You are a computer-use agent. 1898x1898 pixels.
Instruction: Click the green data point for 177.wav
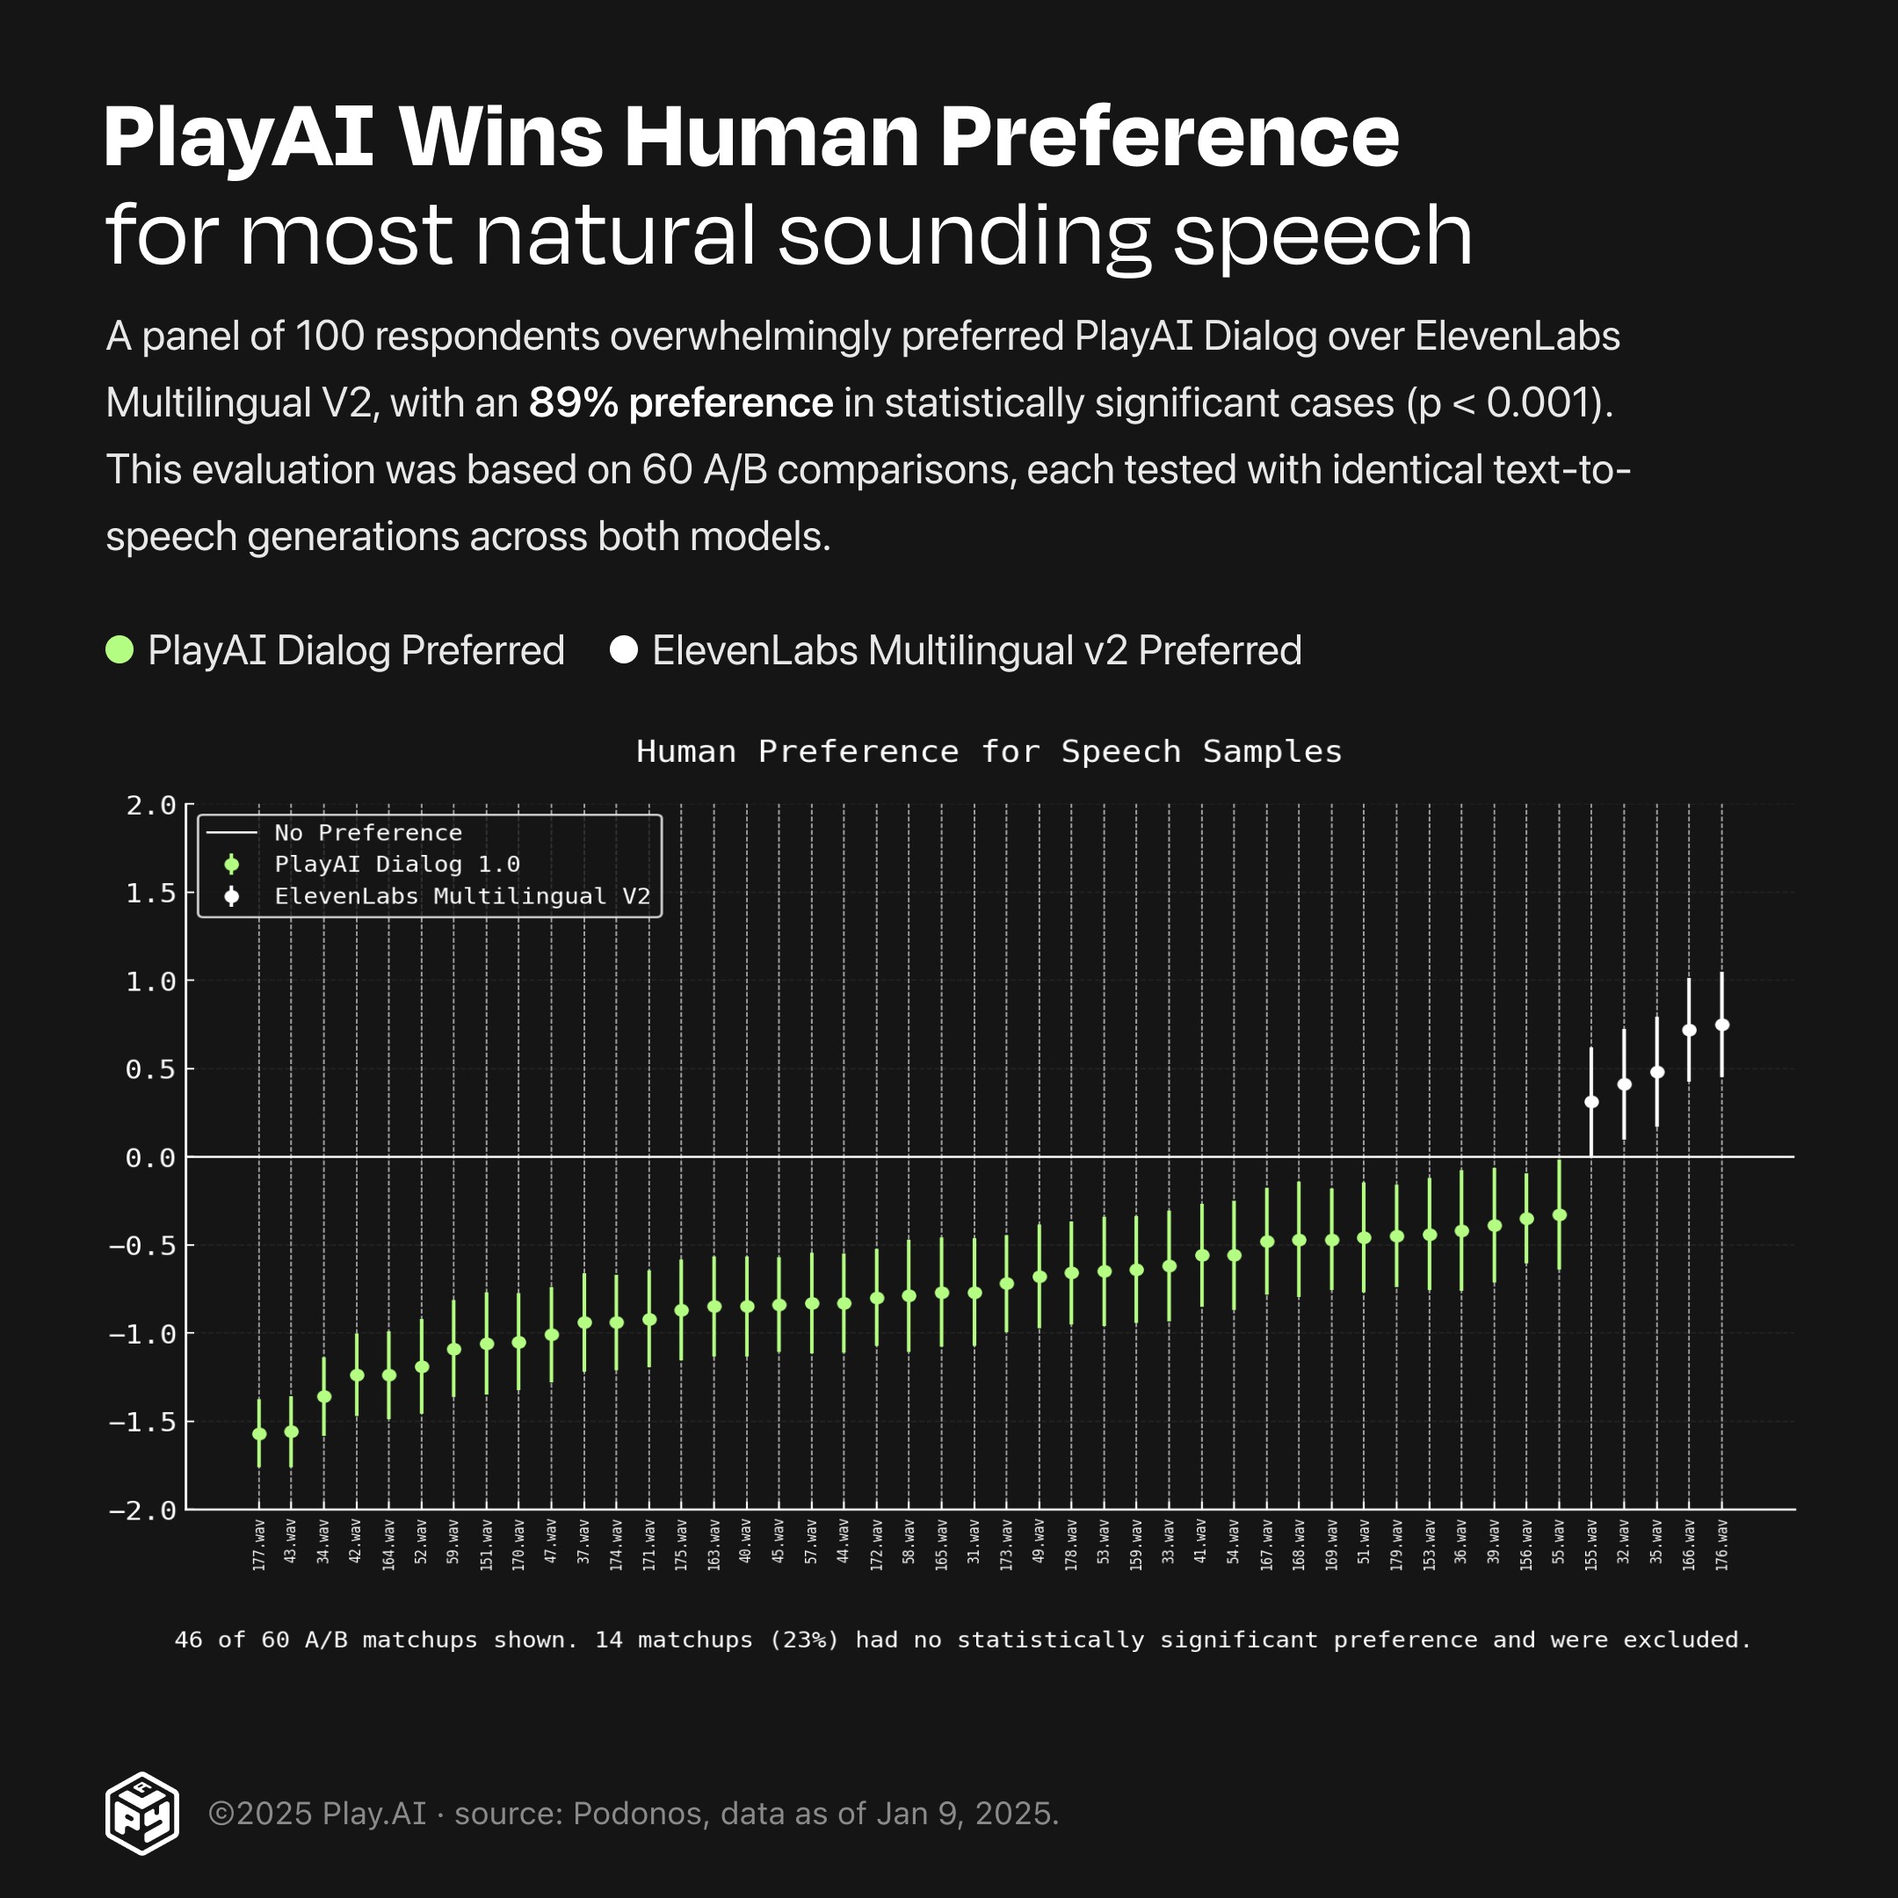(x=259, y=1434)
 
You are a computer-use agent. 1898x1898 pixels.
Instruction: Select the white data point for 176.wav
(x=1722, y=1025)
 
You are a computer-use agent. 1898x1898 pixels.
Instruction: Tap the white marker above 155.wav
(x=1591, y=1102)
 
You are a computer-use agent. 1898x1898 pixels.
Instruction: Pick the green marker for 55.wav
(x=1559, y=1215)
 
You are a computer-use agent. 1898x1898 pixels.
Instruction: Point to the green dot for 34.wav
(x=324, y=1397)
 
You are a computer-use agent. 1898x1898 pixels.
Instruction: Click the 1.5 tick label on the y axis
(x=151, y=893)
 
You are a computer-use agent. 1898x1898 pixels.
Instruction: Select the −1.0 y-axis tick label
(x=142, y=1334)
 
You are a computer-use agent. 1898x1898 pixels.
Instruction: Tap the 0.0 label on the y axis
(x=151, y=1158)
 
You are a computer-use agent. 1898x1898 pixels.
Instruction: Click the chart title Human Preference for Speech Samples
(x=989, y=751)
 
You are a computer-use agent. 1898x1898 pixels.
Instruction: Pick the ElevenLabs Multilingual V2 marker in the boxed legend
(x=232, y=896)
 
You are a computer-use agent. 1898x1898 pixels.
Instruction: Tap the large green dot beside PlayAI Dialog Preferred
(x=120, y=650)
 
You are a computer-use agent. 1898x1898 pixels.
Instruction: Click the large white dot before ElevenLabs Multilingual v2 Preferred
(x=624, y=650)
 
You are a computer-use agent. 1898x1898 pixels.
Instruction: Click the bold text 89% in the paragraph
(x=573, y=402)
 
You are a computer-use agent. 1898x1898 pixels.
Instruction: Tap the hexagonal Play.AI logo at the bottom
(x=142, y=1814)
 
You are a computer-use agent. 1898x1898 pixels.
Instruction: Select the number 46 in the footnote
(x=189, y=1640)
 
